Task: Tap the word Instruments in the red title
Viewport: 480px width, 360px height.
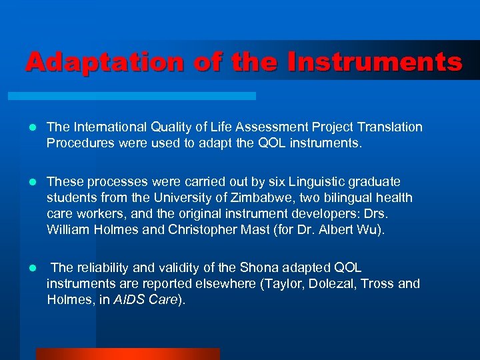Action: click(375, 62)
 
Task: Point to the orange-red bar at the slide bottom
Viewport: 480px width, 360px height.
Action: click(127, 354)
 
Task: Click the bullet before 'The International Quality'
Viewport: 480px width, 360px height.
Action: click(31, 127)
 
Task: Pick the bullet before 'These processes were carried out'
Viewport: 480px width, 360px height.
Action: click(31, 182)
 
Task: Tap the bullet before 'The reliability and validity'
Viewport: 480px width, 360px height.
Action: click(31, 268)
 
